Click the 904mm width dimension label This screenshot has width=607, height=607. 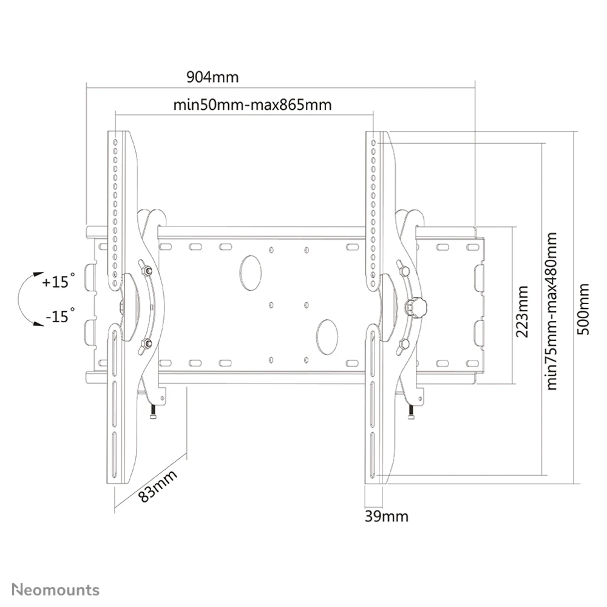point(212,77)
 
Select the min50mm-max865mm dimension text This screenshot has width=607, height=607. point(253,105)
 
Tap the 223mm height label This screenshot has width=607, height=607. point(522,311)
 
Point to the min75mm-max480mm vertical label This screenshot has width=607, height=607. point(551,311)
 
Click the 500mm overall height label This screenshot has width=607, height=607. point(583,309)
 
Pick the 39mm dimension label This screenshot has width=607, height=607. point(386,516)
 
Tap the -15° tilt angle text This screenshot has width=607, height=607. point(60,316)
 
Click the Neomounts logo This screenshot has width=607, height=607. point(55,590)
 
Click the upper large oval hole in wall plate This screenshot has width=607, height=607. point(251,273)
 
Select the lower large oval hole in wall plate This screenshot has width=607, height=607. point(327,337)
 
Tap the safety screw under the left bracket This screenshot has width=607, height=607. point(154,411)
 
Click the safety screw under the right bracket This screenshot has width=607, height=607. point(411,411)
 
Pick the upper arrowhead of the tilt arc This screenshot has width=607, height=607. point(38,274)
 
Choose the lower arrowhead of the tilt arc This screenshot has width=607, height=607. point(38,324)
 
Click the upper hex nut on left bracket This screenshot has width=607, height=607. point(146,270)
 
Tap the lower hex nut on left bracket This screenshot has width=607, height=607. point(146,342)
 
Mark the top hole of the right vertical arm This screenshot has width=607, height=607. point(373,143)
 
